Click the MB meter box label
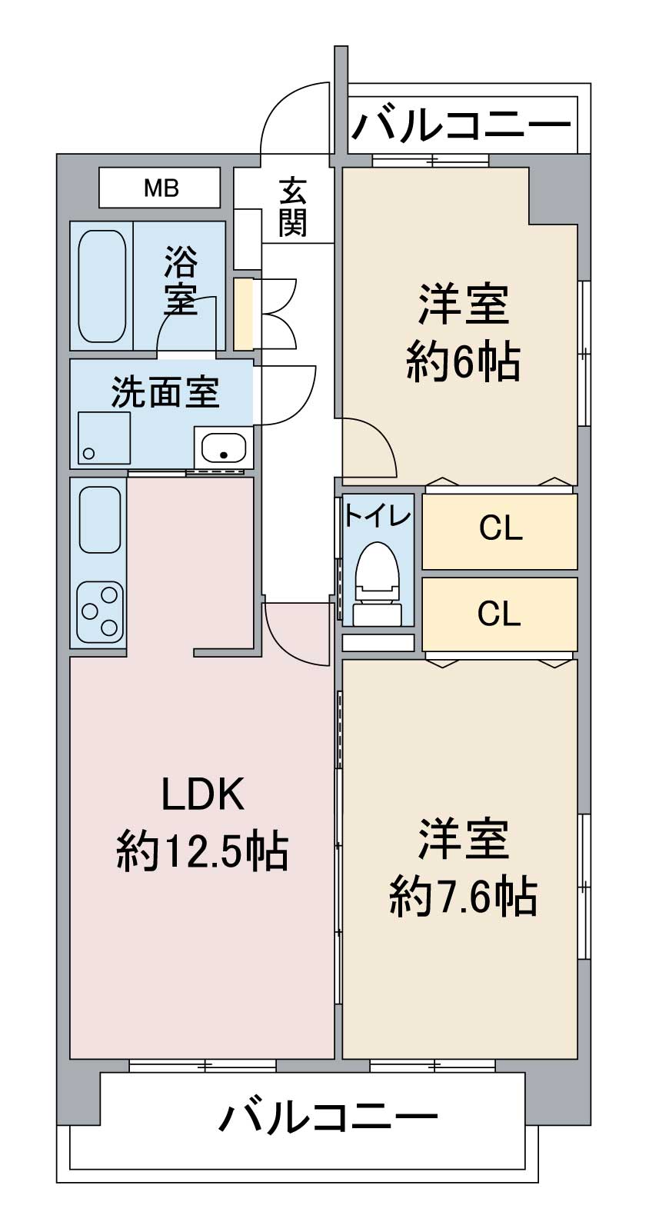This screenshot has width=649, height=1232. point(161,188)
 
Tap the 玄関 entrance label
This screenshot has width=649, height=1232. point(293,207)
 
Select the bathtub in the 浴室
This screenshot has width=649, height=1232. point(102,285)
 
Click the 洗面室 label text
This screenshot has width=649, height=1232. point(165,393)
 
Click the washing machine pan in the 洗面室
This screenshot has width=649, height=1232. point(104,438)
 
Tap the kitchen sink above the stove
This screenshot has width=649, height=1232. point(100,520)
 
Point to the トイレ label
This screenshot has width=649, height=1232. point(378,514)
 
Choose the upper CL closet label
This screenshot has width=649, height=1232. point(501,528)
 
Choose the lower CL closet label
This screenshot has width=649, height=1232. point(499,614)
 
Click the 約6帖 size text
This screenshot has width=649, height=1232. point(464,361)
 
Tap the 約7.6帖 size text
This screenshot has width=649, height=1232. point(463,895)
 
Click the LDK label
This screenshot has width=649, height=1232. point(202,794)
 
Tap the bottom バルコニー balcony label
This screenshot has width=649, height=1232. point(328,1117)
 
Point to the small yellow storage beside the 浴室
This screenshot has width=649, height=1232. point(243,314)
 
